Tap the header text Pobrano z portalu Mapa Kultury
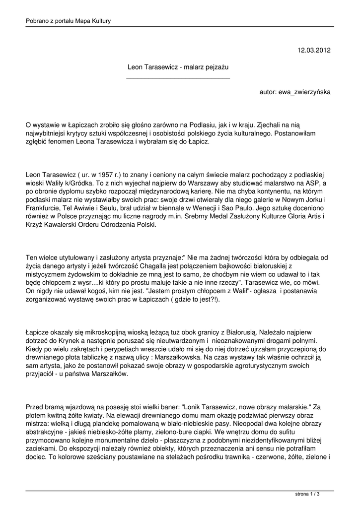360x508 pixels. (x=68, y=21)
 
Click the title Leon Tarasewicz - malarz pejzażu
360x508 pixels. (x=178, y=66)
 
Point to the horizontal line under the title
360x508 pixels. (x=178, y=78)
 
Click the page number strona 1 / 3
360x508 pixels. (x=307, y=495)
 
